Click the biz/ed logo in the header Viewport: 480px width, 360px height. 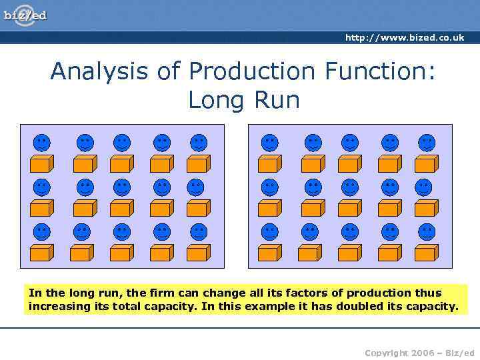[x=25, y=15]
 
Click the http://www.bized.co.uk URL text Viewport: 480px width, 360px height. [x=404, y=38]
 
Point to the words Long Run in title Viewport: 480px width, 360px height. [x=243, y=100]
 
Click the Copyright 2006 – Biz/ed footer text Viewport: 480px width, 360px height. [x=419, y=352]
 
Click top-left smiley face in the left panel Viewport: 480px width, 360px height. [x=41, y=142]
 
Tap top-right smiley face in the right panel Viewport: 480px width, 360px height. [x=426, y=142]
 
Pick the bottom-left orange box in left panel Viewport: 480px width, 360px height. [x=41, y=253]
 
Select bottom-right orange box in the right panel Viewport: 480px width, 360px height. [x=426, y=253]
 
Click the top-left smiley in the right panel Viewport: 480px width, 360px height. [x=269, y=142]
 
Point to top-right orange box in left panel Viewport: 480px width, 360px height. [x=198, y=163]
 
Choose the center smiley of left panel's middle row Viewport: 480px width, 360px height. [x=121, y=187]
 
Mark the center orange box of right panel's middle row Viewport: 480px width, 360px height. [x=349, y=208]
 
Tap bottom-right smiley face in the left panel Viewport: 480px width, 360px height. [x=198, y=232]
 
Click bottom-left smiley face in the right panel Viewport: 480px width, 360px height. [x=269, y=232]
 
